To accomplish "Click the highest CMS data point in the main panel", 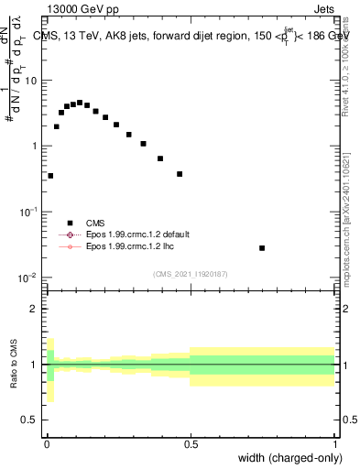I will pos(80,103).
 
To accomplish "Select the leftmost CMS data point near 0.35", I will pos(50,175).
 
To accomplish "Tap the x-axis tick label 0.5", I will pos(191,444).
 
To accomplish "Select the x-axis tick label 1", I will pos(334,444).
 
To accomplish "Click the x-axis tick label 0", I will pos(47,444).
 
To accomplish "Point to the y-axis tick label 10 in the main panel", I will pos(31,81).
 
